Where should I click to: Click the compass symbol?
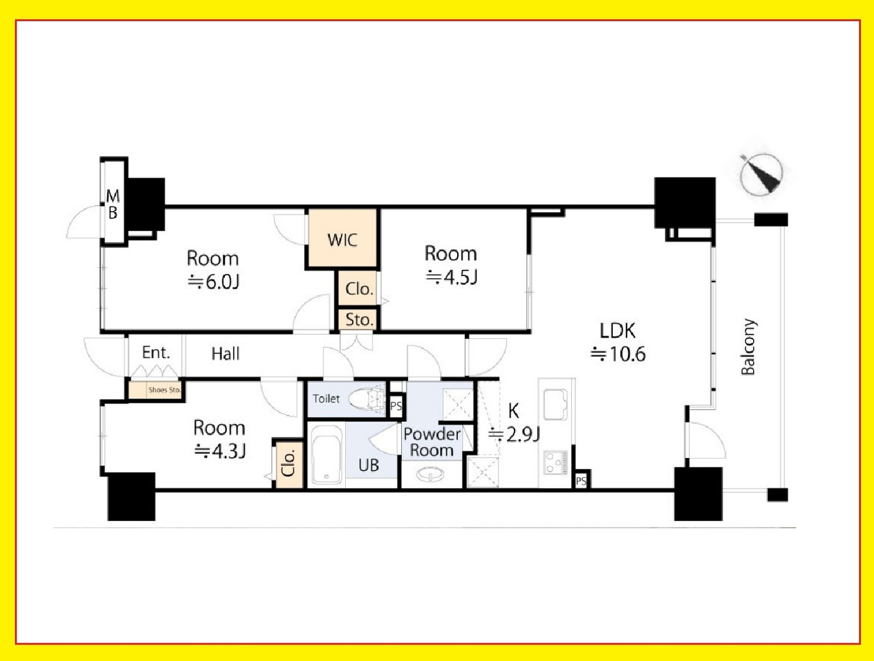[x=761, y=174]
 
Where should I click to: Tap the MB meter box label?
[x=113, y=204]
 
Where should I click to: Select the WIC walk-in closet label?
[x=342, y=240]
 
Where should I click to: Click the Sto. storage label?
[x=359, y=319]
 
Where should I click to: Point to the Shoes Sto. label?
[x=165, y=390]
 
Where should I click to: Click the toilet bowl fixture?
[x=366, y=399]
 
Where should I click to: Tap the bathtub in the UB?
[x=327, y=455]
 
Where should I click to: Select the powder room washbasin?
[x=431, y=474]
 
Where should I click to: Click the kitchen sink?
[x=555, y=404]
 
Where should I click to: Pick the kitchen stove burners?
[x=556, y=462]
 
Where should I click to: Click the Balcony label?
[x=748, y=347]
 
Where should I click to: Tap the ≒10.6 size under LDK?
[x=618, y=354]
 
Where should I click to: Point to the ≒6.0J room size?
[x=213, y=282]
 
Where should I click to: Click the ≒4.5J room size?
[x=452, y=277]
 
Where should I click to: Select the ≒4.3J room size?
[x=220, y=451]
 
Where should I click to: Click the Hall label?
[x=226, y=353]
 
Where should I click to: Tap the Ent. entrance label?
[x=156, y=353]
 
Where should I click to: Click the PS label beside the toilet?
[x=396, y=406]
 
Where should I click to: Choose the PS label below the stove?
[x=581, y=481]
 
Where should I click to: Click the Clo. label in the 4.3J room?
[x=288, y=463]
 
